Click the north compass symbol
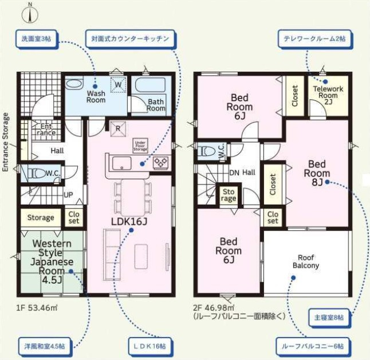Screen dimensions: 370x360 point(30,14)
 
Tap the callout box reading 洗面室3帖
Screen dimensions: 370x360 point(37,39)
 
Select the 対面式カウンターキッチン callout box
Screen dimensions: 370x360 point(131,38)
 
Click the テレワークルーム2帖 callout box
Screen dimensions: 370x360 point(315,39)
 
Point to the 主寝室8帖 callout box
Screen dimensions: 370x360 point(329,318)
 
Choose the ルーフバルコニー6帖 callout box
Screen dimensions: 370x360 point(313,347)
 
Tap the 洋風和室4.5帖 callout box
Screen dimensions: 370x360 point(44,347)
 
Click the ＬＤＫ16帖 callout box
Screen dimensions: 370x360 point(150,347)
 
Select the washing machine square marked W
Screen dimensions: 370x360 point(118,84)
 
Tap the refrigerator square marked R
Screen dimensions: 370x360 point(118,129)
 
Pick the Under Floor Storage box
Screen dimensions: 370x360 point(140,146)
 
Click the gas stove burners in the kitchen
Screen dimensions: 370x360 point(161,163)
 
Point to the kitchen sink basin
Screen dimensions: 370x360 point(121,163)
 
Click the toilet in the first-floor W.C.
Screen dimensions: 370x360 point(36,174)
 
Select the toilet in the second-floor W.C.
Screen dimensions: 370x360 point(207,151)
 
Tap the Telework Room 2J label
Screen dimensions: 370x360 point(328,95)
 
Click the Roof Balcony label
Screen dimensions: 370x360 point(306,261)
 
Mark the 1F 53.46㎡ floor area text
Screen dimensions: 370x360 point(37,308)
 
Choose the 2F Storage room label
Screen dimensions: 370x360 point(229,195)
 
